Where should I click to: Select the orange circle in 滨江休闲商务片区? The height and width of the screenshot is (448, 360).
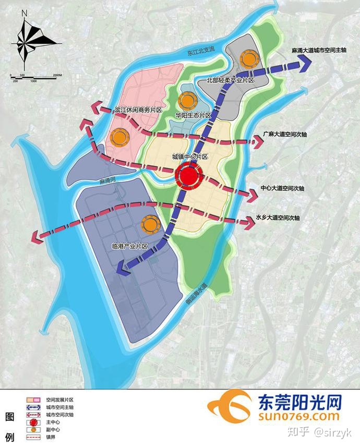pos(121,137)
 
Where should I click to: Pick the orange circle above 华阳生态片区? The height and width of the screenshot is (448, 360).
pos(187,101)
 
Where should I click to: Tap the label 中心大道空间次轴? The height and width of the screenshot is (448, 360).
pos(282,187)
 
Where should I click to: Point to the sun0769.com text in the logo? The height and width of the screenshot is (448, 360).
pos(297,416)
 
